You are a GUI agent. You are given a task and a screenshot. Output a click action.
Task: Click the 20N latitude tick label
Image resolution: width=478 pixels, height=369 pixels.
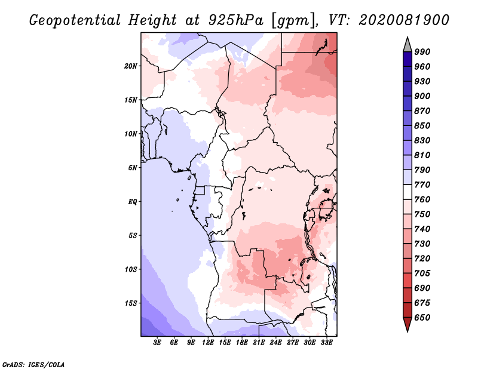[x=131, y=66]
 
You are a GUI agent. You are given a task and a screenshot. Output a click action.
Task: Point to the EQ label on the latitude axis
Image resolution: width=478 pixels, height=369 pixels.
[x=132, y=202]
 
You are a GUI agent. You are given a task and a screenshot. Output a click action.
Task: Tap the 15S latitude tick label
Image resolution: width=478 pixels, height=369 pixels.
[x=131, y=303]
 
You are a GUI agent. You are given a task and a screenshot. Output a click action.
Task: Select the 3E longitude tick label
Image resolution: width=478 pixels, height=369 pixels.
[x=157, y=342]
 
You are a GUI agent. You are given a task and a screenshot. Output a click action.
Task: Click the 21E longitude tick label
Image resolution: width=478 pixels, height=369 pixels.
[x=259, y=342]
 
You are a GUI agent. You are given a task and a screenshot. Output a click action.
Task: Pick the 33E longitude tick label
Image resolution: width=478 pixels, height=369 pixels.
[x=326, y=342]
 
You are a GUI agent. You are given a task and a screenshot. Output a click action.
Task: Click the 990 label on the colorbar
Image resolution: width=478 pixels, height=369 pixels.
[x=422, y=52]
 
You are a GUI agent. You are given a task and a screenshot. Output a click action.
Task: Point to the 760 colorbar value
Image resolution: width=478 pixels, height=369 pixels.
[x=422, y=199]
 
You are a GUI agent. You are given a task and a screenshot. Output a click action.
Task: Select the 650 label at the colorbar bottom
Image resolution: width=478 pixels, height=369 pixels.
[x=422, y=318]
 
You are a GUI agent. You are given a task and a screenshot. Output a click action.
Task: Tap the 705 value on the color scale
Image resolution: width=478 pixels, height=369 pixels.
[x=422, y=273]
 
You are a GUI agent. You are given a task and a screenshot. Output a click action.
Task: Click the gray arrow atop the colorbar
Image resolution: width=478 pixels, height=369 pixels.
[x=407, y=45]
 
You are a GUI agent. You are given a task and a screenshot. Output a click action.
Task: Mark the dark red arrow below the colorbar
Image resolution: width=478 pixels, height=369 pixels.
[x=407, y=324]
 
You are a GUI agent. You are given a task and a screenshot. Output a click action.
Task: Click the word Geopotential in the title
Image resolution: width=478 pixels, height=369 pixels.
[x=75, y=20]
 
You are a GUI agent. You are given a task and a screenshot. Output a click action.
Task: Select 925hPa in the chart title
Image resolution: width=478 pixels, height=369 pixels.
[x=236, y=20]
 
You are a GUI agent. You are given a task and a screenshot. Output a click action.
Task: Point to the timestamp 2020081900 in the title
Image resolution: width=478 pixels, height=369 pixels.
[x=404, y=20]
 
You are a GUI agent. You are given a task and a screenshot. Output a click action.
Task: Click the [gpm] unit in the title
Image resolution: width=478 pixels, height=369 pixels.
[x=293, y=21]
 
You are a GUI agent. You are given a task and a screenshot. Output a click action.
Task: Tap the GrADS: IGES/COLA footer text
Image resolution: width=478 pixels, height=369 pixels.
[x=33, y=365]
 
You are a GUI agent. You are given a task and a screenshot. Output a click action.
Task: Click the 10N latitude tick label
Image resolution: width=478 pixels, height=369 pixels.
[x=131, y=134]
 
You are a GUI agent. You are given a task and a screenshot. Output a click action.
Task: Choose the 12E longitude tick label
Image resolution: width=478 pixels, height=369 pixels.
[x=208, y=342]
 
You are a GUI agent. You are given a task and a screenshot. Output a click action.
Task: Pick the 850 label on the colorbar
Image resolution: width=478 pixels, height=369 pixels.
[x=422, y=125]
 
